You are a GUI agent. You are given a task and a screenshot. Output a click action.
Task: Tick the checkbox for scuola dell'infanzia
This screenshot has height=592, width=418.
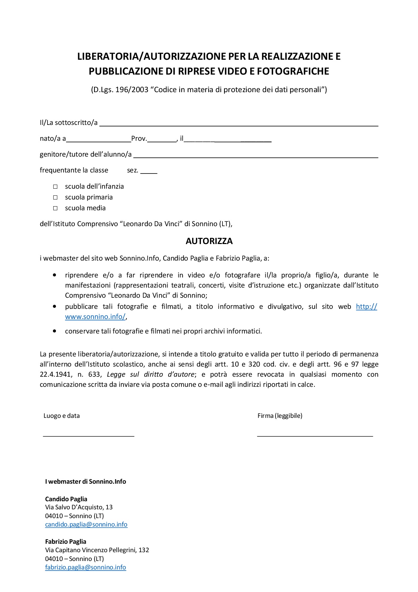55,187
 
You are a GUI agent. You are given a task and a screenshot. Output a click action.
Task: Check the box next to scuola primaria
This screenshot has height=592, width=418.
55,197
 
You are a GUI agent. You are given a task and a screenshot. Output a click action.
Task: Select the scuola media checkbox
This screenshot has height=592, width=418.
55,208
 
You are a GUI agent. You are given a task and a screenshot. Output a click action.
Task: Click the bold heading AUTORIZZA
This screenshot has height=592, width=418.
209,241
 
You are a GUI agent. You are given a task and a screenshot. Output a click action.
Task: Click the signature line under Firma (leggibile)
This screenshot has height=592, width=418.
315,436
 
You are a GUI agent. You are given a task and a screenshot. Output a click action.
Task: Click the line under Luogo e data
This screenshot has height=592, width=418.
88,436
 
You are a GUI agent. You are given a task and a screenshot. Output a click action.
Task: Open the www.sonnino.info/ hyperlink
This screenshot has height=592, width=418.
95,317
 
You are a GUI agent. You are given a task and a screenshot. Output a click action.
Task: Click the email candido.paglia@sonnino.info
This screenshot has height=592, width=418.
86,524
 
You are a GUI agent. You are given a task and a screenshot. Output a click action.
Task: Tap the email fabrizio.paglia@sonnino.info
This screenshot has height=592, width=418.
86,567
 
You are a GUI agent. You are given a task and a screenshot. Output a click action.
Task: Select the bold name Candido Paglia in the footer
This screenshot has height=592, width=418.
66,499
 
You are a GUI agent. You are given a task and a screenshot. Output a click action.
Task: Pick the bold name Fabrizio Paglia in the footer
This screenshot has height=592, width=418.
66,542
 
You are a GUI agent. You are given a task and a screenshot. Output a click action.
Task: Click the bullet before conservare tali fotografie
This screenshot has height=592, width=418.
55,331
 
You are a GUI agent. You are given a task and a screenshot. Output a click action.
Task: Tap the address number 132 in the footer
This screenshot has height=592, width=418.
144,550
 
